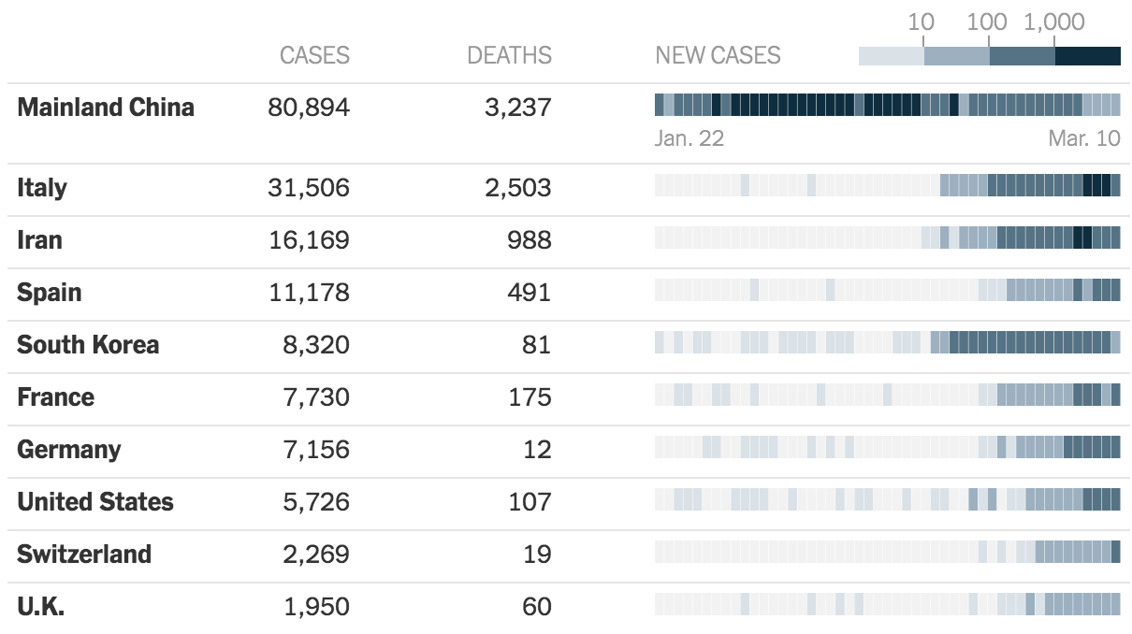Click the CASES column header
point(314,55)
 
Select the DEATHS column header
point(509,55)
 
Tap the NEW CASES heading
point(718,55)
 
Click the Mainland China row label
point(106,108)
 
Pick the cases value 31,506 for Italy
point(308,188)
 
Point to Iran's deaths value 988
point(530,240)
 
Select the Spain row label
point(50,293)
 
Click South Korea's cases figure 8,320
point(316,345)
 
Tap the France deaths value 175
point(530,397)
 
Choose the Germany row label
point(68,450)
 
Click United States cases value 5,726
point(316,502)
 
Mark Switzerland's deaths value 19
point(537,555)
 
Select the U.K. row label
point(40,607)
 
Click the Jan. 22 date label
point(689,138)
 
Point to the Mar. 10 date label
point(1083,138)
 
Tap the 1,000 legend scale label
point(1054,22)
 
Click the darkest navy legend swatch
point(1087,56)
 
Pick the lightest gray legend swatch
point(891,56)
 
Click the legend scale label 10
point(921,22)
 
